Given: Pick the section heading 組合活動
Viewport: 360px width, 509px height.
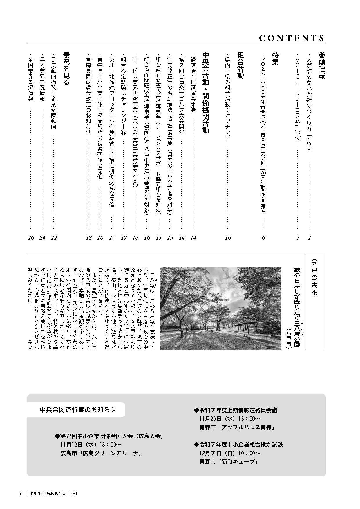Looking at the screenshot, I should coord(240,65).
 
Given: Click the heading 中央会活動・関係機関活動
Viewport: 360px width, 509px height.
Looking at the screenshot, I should coord(205,93).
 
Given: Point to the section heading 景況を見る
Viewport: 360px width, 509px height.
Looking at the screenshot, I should coord(66,68).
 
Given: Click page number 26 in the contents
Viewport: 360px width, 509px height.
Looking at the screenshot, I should coord(31,238).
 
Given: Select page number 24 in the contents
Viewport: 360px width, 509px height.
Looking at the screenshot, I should coord(42,238).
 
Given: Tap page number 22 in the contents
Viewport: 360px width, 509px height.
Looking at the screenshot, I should coord(54,238).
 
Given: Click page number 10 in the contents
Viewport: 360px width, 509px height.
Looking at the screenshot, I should coord(228,238).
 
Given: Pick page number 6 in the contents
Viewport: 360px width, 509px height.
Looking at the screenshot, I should coord(263,238).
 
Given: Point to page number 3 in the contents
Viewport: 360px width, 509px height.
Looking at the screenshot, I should coord(298,238).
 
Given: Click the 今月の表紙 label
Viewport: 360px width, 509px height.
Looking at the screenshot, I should coord(314,277).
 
